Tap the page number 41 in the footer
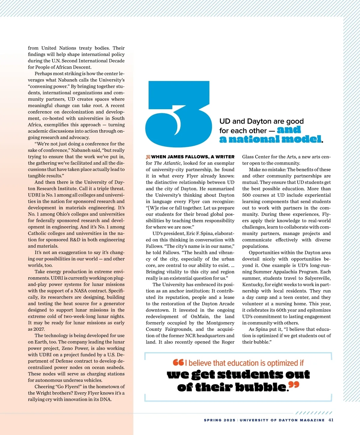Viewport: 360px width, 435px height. tap(331, 420)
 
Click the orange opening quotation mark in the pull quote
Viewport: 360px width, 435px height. tap(178, 362)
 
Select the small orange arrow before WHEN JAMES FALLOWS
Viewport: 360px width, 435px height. tap(148, 157)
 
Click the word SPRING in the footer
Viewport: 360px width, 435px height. tap(213, 420)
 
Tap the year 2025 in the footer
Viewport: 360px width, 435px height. tap(229, 420)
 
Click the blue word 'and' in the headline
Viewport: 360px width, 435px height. tap(289, 130)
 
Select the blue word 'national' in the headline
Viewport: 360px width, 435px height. tap(255, 139)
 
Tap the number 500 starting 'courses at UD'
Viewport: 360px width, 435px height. tap(246, 195)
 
